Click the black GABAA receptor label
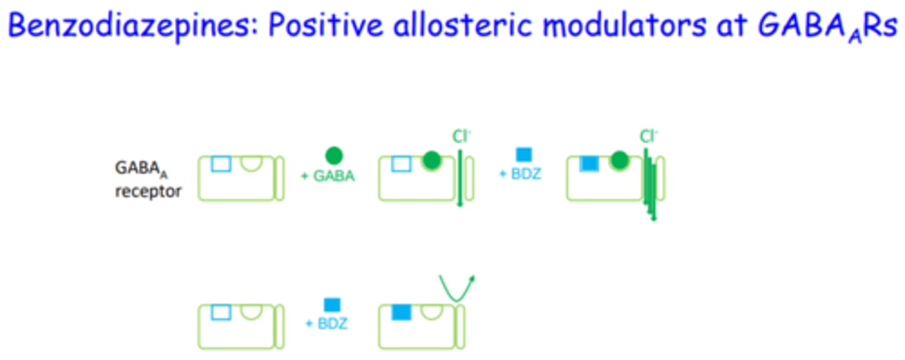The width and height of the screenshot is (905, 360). click(x=146, y=179)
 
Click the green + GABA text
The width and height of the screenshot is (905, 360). click(x=327, y=177)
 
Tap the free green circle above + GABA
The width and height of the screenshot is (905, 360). click(x=334, y=155)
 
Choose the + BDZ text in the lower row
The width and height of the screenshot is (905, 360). click(x=326, y=324)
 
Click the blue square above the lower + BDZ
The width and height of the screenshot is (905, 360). click(x=332, y=305)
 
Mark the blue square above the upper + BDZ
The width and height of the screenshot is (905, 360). click(x=524, y=155)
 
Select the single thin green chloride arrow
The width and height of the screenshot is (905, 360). click(x=460, y=179)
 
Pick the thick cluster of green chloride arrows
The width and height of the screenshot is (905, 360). click(x=650, y=185)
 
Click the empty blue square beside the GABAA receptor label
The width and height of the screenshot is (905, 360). click(x=221, y=164)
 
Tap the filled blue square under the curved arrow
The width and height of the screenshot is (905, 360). click(x=401, y=312)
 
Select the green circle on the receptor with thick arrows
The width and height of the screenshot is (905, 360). click(x=620, y=162)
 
